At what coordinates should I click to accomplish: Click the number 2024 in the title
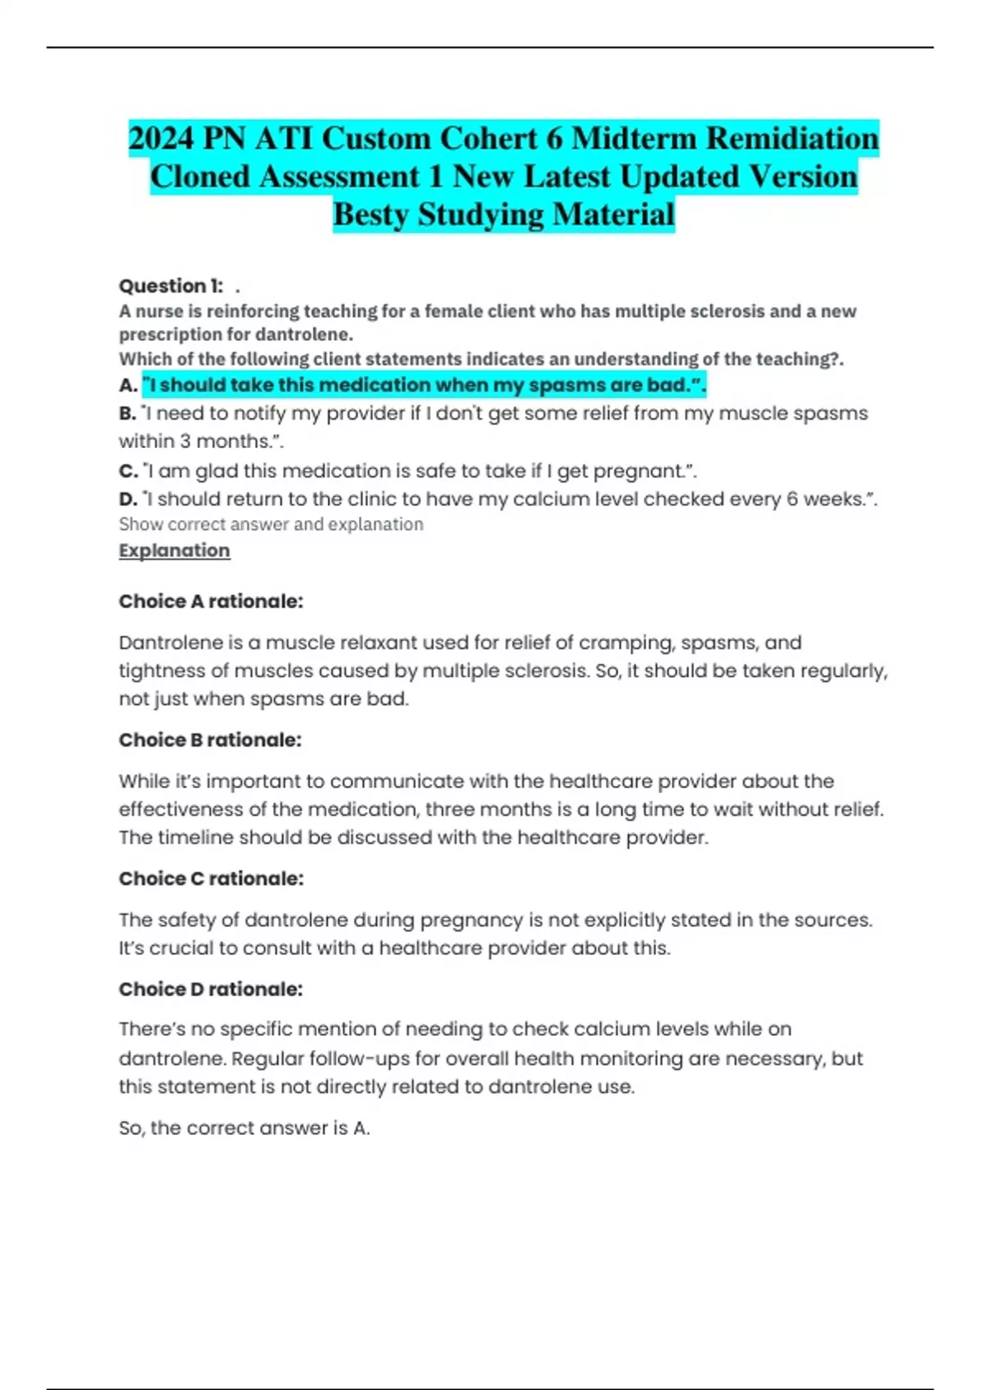161,138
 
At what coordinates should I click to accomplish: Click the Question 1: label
171,286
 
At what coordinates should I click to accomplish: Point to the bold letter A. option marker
128,385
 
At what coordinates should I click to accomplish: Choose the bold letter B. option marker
128,414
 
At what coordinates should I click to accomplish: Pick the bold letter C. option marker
128,471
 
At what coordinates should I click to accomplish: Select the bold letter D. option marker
128,499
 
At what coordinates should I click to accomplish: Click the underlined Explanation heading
174,550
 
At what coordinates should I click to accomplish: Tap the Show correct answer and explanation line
271,524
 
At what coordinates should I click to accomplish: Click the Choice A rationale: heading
211,602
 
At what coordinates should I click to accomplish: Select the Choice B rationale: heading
210,740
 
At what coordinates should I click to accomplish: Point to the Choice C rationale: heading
211,879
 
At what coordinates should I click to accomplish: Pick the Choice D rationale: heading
211,989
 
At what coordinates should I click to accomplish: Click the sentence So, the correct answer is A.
244,1128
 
